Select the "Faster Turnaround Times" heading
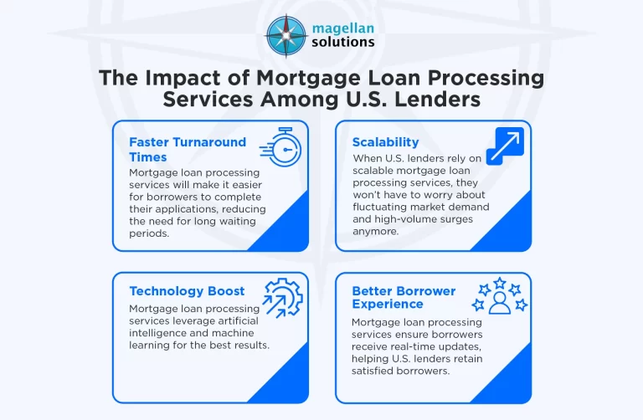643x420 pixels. [x=188, y=149]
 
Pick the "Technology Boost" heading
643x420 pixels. [x=187, y=291]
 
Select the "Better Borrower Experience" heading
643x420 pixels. [x=404, y=297]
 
